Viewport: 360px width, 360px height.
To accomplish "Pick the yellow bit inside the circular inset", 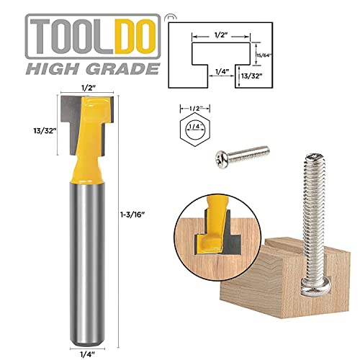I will pyautogui.click(x=214, y=223).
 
